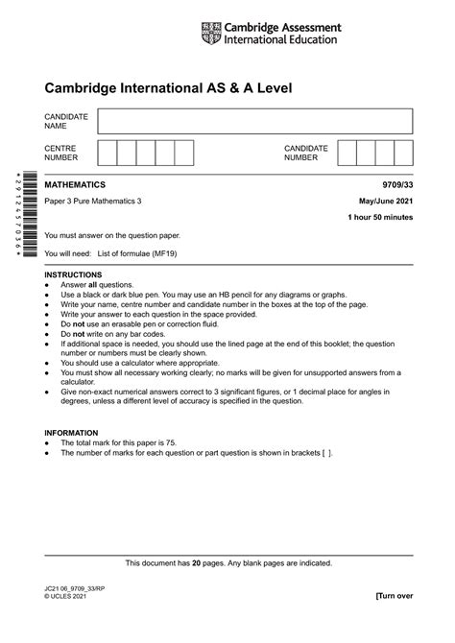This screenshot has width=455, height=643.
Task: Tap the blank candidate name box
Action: (x=254, y=121)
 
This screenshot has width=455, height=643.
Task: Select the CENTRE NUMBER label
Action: (x=61, y=154)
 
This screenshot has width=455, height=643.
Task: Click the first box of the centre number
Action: (x=107, y=154)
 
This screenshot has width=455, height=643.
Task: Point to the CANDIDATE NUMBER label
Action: (x=306, y=154)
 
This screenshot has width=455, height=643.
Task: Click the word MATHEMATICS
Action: (x=76, y=184)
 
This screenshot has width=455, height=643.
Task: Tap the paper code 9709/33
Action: (x=395, y=184)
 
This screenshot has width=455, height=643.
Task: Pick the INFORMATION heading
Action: (x=71, y=433)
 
